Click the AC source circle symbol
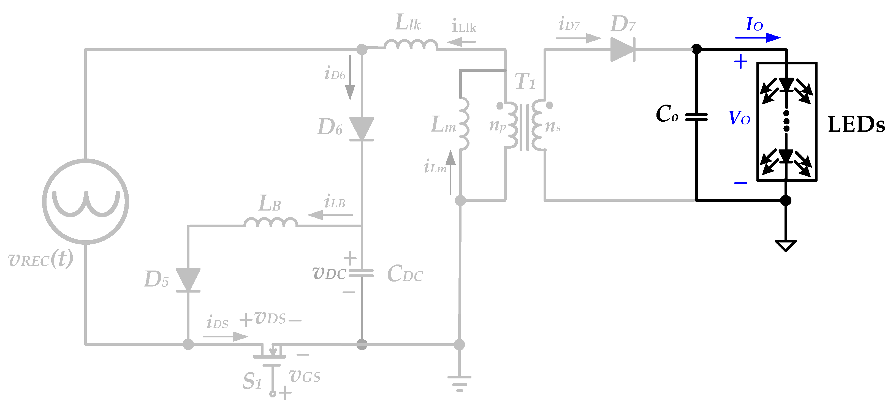[x=86, y=201]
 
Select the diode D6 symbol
[x=362, y=129]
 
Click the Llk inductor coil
[x=411, y=45]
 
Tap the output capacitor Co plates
[x=696, y=117]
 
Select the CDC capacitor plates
[x=361, y=273]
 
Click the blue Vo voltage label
[x=739, y=118]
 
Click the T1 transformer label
[x=525, y=82]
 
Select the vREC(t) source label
[x=41, y=259]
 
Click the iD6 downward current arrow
[x=350, y=78]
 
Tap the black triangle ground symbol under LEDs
[x=786, y=245]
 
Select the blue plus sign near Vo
[x=740, y=62]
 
